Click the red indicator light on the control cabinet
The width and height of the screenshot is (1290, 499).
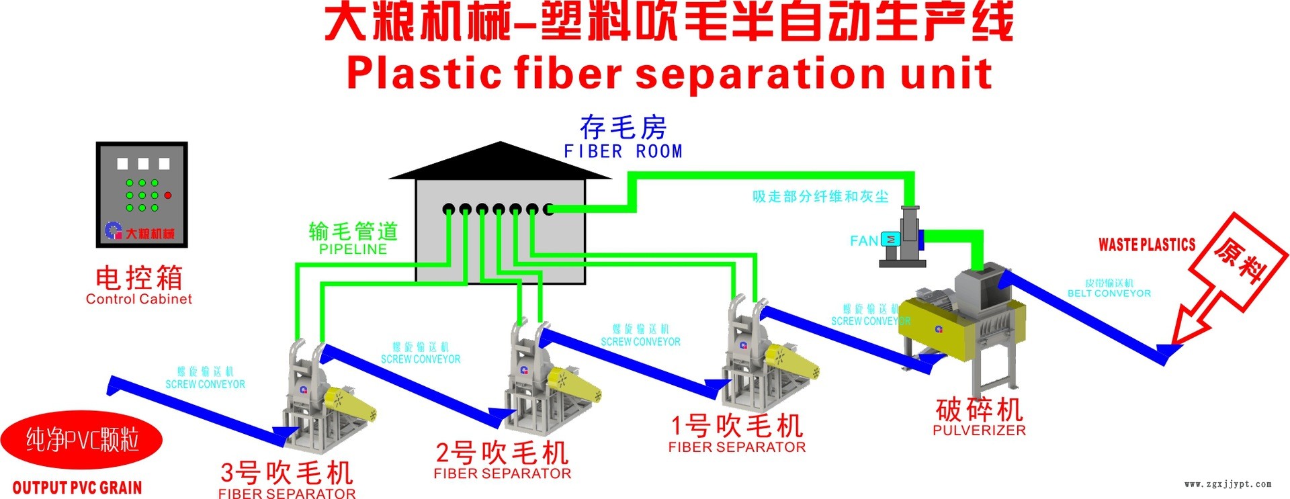coord(168,195)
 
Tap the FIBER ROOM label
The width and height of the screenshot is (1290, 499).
coord(623,152)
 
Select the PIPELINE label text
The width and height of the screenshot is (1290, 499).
coord(353,249)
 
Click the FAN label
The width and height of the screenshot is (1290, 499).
coord(863,240)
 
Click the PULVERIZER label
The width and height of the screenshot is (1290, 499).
coord(979,430)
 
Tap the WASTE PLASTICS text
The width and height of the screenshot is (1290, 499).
coord(1147,244)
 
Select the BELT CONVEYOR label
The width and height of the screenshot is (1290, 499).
coord(1109,293)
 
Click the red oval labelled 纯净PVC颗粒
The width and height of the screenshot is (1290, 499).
coord(81,440)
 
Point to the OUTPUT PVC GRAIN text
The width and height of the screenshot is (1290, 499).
coord(77,488)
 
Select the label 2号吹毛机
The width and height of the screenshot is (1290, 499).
coord(502,452)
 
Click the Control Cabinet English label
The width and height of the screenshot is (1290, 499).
coord(138,299)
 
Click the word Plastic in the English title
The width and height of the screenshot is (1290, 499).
coord(424,73)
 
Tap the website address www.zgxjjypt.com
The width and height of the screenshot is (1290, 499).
coord(1228,484)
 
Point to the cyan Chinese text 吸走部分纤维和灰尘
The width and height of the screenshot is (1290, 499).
coord(820,196)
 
